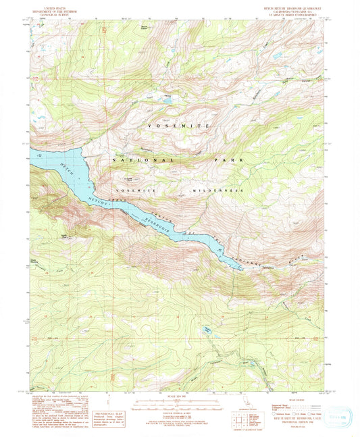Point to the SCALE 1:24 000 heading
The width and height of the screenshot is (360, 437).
coord(180,395)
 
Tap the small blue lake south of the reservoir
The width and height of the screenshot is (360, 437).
coord(207,331)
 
